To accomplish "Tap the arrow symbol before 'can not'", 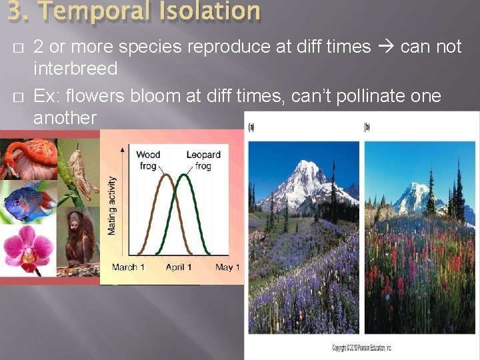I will tap(385, 47).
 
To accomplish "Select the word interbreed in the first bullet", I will tap(75, 69).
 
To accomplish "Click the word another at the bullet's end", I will tap(65, 118).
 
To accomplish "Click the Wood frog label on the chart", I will tap(148, 160).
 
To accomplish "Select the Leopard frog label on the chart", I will tap(203, 160).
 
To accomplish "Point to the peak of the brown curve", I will tap(165, 175).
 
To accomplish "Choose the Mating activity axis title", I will tap(112, 205).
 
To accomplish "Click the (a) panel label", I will tap(251, 127).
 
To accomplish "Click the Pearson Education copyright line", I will tap(361, 348).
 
